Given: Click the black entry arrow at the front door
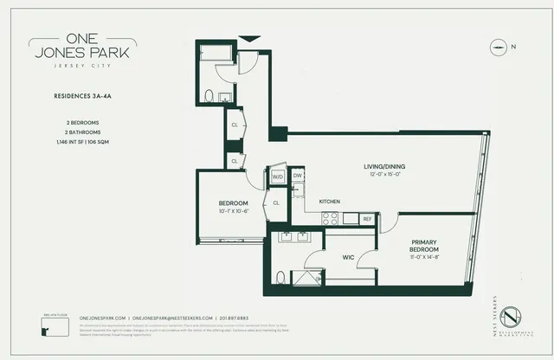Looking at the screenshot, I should [248, 38].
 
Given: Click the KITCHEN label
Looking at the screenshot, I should [330, 201].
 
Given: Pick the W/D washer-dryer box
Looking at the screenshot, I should [278, 176].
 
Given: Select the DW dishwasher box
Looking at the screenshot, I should [297, 176].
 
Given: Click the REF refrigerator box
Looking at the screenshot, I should [366, 219].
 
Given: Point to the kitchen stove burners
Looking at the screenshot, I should [329, 218].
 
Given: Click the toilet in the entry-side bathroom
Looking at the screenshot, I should [209, 96].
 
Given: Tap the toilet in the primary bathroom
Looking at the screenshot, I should [280, 277].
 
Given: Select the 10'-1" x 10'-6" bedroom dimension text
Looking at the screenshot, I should [233, 210].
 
